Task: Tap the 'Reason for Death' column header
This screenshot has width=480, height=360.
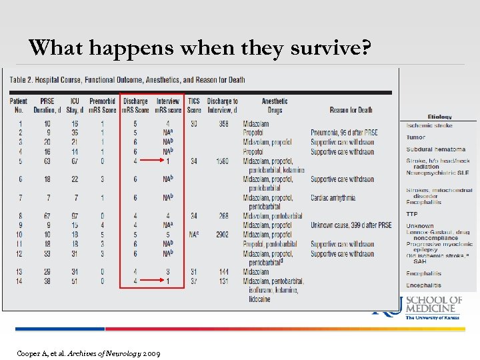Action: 351,110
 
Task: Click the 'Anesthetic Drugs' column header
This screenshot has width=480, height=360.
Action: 275,105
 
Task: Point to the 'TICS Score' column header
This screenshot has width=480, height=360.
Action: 194,105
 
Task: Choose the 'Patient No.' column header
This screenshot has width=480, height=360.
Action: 19,105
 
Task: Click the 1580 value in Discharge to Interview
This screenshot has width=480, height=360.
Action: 222,161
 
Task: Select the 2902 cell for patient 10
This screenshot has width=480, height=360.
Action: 222,235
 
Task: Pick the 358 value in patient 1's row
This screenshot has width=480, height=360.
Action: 222,124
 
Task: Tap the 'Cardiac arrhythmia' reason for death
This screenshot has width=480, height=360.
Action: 342,198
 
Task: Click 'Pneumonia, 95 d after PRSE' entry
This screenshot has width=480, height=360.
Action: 344,133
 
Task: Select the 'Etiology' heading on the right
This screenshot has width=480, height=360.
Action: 439,117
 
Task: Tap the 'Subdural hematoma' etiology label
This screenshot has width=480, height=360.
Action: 436,149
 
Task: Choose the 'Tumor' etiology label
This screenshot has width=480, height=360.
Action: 416,137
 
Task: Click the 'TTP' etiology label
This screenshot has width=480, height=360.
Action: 412,214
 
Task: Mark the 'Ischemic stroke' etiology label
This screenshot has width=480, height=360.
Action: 429,125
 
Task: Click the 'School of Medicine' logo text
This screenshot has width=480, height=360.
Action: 434,304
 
